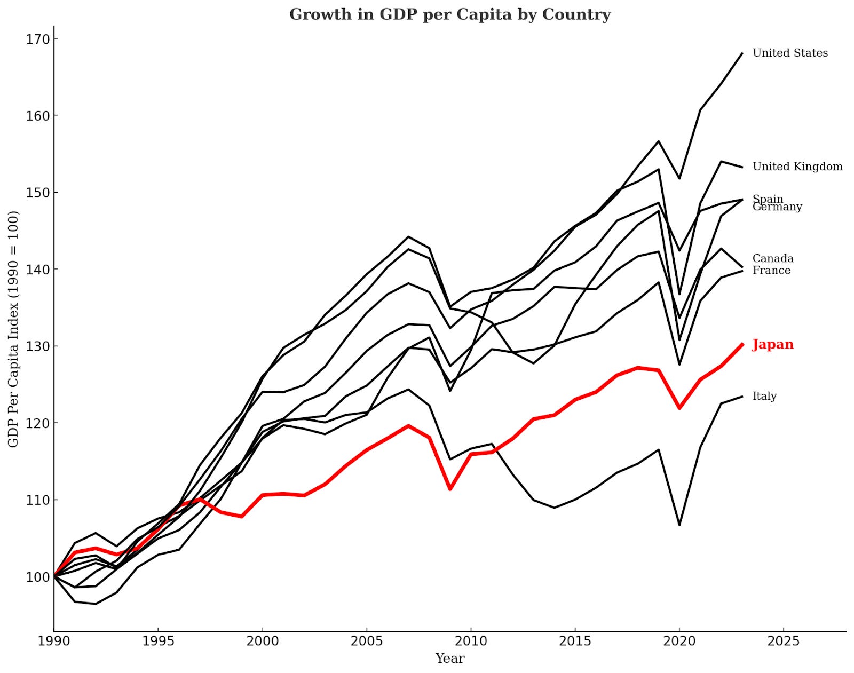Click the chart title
click(x=449, y=14)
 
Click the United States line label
click(x=790, y=53)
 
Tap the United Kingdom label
click(x=797, y=167)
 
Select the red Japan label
click(x=773, y=344)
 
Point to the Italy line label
click(x=764, y=396)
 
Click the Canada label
click(x=773, y=258)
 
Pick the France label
click(x=771, y=271)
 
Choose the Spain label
click(x=768, y=199)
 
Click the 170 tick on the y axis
click(x=37, y=39)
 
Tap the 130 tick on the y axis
click(x=37, y=346)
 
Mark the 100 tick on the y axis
click(x=37, y=577)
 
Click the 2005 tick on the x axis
click(x=366, y=640)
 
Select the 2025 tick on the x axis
click(x=783, y=640)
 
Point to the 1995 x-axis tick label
click(x=158, y=640)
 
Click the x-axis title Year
click(x=449, y=659)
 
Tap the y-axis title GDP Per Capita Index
click(x=13, y=329)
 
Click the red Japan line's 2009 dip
click(x=450, y=489)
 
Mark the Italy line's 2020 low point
click(x=679, y=525)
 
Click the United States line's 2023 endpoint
click(x=742, y=53)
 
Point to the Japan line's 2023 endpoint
click(x=742, y=344)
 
